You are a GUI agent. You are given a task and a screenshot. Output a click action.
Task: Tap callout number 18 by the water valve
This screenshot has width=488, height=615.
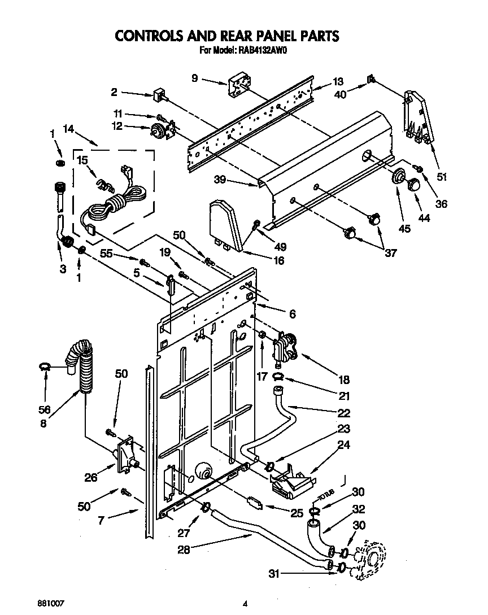(343, 380)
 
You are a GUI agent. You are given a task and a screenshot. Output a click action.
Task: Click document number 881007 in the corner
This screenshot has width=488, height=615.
(51, 603)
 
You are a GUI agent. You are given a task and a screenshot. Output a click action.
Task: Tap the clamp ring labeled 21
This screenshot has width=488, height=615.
(279, 377)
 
